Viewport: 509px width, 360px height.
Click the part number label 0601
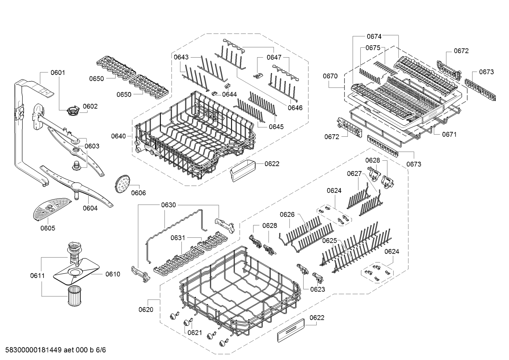[x=58, y=72]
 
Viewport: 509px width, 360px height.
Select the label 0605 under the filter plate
[x=48, y=228]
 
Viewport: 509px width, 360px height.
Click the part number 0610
[x=113, y=274]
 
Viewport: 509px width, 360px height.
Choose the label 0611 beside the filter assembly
[x=37, y=276]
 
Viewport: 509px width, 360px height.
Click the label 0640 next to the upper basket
[x=118, y=136]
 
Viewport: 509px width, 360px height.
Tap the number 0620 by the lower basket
[x=146, y=309]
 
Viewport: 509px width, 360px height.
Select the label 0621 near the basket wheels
[x=195, y=332]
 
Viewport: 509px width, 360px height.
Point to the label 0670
[x=330, y=76]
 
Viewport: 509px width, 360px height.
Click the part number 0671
[x=449, y=134]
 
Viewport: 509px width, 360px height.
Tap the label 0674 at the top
[x=374, y=36]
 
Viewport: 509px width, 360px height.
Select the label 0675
[x=373, y=48]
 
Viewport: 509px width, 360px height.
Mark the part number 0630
[x=168, y=205]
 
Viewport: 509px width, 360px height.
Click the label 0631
[x=178, y=238]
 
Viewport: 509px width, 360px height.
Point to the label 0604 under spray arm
[x=90, y=208]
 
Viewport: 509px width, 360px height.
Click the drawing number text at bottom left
[x=55, y=350]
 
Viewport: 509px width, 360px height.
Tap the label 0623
[x=317, y=289]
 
